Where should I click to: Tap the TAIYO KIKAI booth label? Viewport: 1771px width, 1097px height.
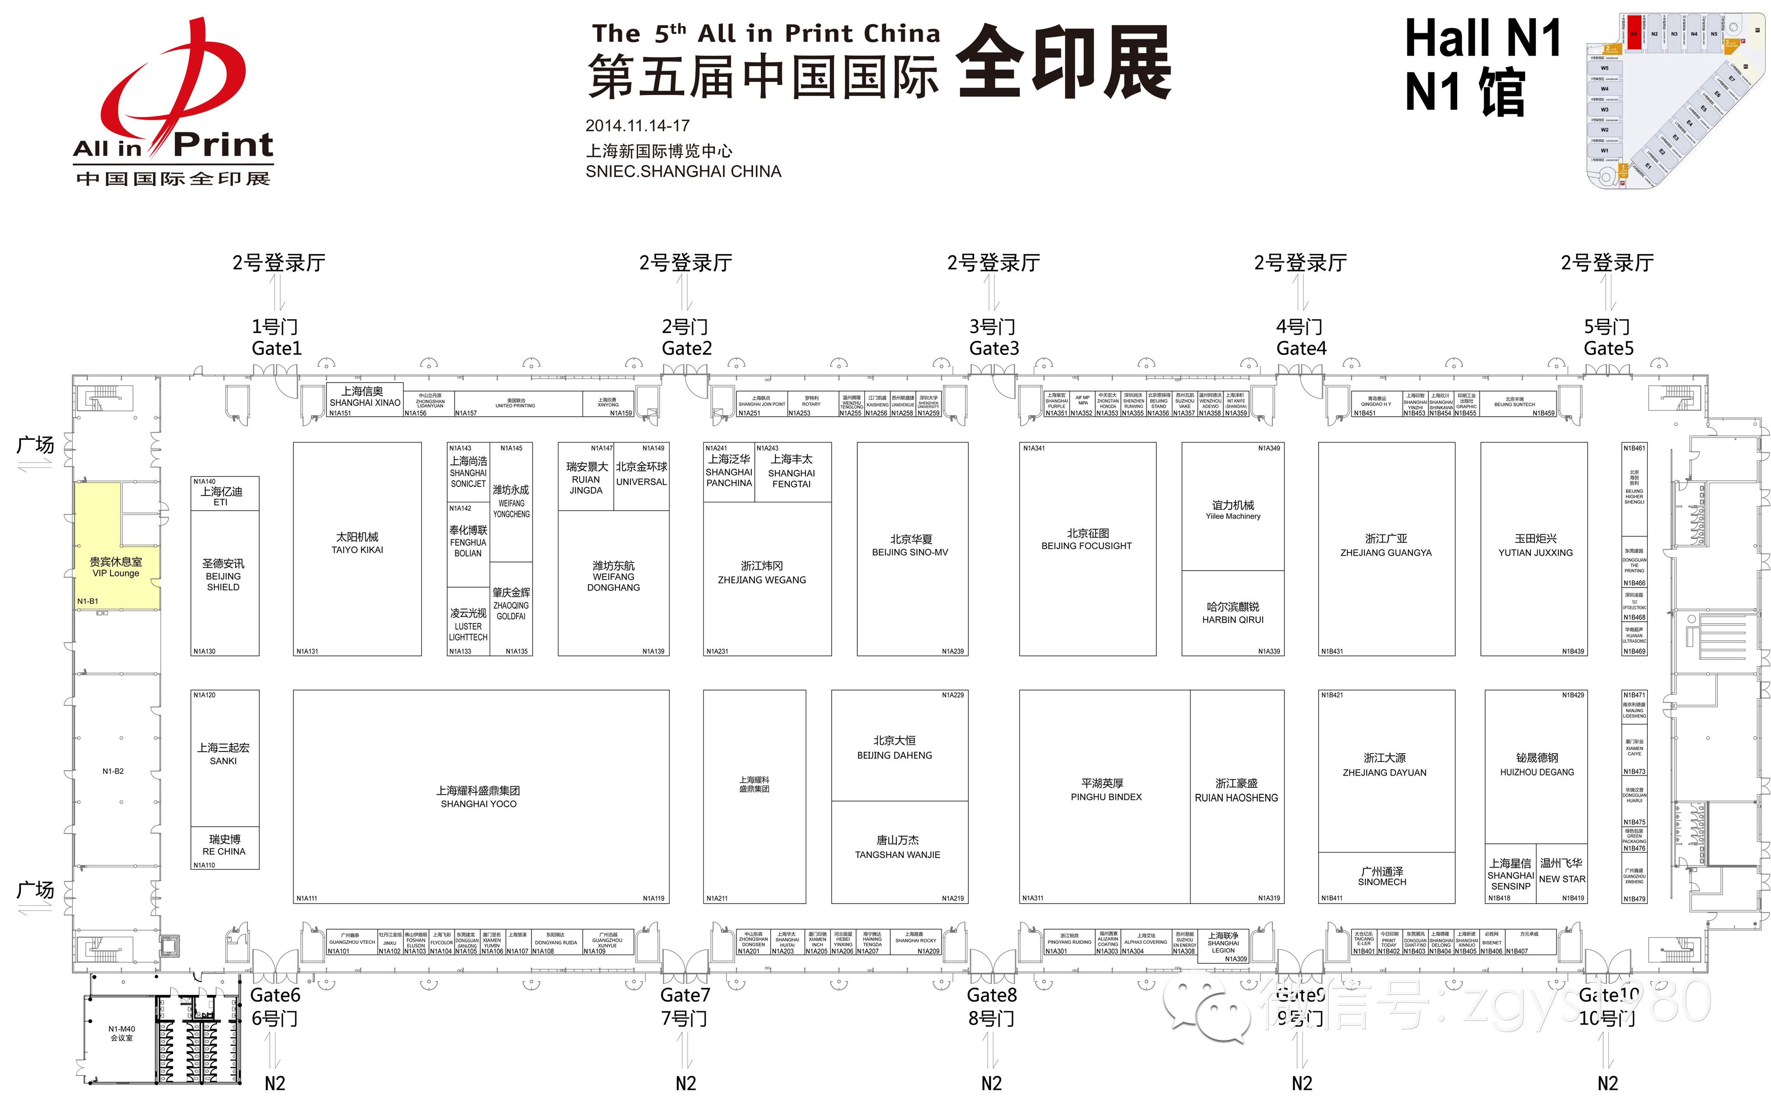click(x=357, y=550)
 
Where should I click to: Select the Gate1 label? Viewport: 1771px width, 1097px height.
click(x=276, y=348)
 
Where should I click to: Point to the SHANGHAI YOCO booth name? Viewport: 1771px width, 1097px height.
click(x=478, y=804)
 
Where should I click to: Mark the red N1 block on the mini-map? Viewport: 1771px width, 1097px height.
click(x=1633, y=33)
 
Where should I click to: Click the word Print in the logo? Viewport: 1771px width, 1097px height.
click(x=224, y=145)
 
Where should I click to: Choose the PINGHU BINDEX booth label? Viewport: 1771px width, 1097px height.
click(x=1105, y=796)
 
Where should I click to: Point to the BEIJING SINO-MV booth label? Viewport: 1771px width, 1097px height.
click(x=909, y=552)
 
